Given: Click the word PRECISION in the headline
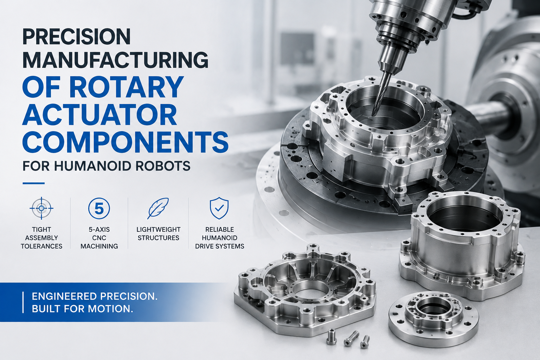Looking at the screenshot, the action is click(76, 37).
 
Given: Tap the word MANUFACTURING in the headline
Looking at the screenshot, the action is click(115, 60).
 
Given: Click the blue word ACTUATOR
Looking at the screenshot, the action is click(100, 114).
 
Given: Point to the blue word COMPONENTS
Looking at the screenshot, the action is click(125, 142).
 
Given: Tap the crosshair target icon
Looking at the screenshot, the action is click(41, 208).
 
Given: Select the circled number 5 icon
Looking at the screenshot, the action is click(99, 208).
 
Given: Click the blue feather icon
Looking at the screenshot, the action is click(158, 208).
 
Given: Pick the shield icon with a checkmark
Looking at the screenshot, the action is click(219, 208).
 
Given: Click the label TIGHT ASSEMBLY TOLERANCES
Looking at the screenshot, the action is click(41, 238).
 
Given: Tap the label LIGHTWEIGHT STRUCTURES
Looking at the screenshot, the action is click(159, 234).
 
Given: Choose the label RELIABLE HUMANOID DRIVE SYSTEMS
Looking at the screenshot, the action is click(220, 238).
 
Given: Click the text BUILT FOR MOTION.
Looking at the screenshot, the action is click(83, 309).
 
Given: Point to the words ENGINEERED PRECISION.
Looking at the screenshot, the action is click(95, 296).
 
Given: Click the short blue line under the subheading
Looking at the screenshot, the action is click(33, 184).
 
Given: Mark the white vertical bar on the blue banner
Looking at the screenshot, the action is click(23, 302).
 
